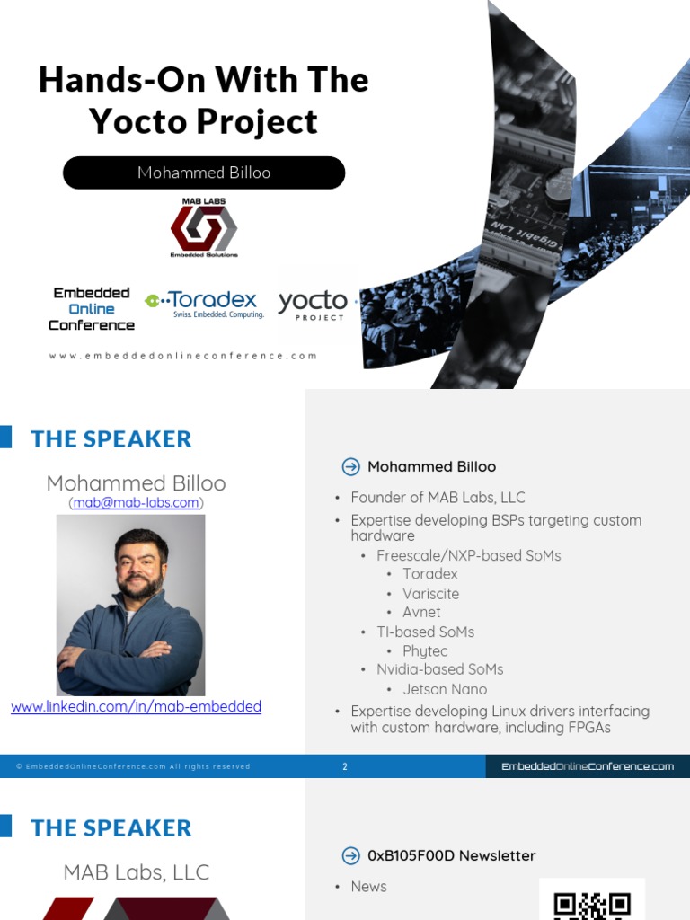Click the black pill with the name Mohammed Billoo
(x=204, y=172)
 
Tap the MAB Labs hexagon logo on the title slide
(x=204, y=227)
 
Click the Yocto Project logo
(x=313, y=305)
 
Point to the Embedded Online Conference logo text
(x=92, y=309)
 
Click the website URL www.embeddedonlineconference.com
(x=183, y=356)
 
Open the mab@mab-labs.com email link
(x=137, y=503)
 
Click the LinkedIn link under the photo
(x=137, y=707)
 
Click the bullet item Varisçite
(x=430, y=594)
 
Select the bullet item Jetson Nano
(x=445, y=689)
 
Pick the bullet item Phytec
(x=425, y=651)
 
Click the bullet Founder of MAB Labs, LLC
(x=438, y=498)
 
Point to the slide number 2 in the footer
(x=345, y=766)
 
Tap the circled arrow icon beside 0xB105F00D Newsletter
(x=351, y=855)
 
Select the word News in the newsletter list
(x=368, y=887)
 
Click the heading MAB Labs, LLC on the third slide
(x=137, y=871)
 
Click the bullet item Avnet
(x=421, y=613)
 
